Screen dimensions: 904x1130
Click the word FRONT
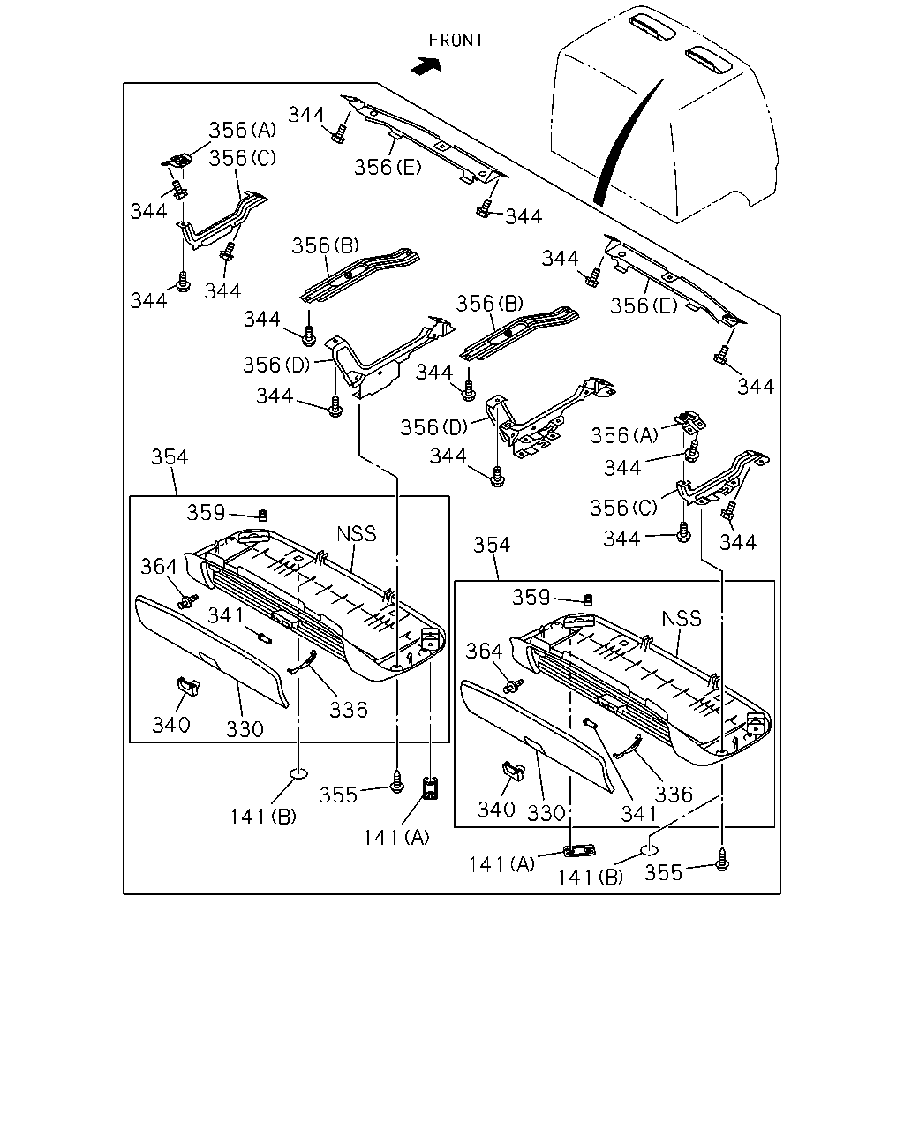tap(456, 41)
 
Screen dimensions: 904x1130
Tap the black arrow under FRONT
tap(426, 65)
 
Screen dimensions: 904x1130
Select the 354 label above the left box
tap(169, 456)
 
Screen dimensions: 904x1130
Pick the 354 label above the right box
tap(491, 545)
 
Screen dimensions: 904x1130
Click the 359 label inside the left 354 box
tap(206, 512)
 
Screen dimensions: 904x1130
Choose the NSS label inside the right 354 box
tap(682, 618)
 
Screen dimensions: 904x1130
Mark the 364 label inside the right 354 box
tap(484, 652)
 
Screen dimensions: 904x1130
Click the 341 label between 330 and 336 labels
tap(639, 814)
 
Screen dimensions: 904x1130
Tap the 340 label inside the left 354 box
tap(170, 725)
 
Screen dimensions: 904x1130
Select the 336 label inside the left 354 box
tap(348, 710)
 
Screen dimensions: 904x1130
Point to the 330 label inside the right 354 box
tap(546, 813)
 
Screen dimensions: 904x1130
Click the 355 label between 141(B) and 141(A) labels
tap(338, 795)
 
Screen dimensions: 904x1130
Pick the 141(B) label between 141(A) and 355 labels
tap(590, 877)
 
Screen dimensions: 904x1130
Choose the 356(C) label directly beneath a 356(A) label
tap(242, 157)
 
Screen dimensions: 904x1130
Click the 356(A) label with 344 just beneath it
tap(624, 435)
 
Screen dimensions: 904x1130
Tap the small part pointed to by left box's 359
tap(263, 515)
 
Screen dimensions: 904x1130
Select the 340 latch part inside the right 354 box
tap(513, 769)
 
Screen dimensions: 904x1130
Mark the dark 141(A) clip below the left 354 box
tap(430, 788)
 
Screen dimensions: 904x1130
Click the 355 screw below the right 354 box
tap(722, 863)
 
